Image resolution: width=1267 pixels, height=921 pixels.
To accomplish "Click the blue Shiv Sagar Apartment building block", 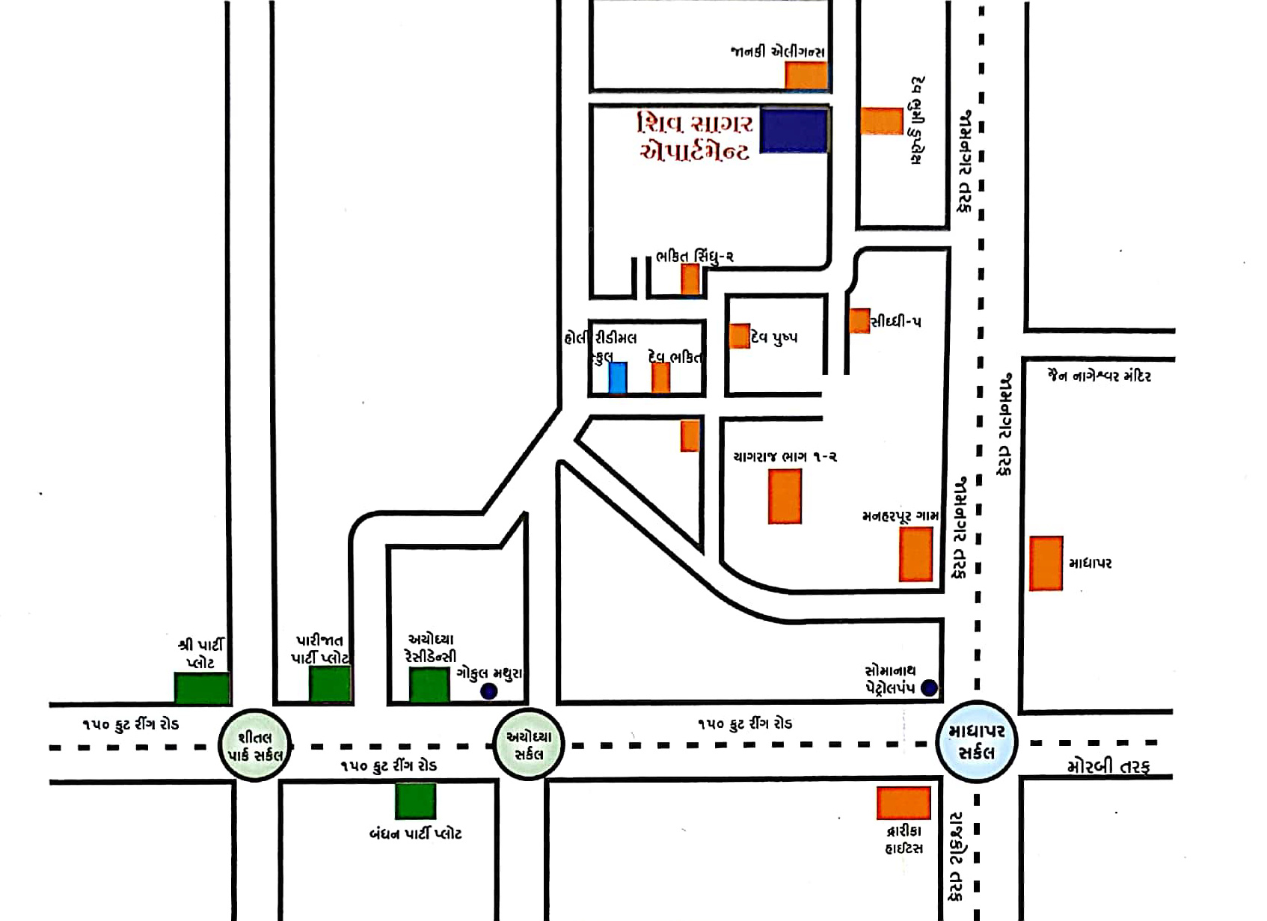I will (x=794, y=132).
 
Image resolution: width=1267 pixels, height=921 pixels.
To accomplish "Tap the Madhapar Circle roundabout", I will (x=977, y=741).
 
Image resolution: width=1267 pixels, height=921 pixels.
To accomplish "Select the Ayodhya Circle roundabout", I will (x=528, y=744).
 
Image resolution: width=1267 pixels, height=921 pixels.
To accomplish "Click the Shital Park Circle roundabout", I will (x=255, y=745).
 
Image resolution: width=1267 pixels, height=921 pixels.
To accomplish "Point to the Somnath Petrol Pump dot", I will (x=929, y=688).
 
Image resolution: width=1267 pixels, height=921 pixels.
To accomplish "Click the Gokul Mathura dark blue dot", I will (x=488, y=691).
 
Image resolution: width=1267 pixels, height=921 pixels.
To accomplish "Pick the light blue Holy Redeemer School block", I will (x=617, y=378).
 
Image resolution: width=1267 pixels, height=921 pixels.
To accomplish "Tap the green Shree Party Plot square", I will (x=202, y=688).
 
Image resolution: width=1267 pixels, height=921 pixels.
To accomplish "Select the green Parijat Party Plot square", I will (x=330, y=684).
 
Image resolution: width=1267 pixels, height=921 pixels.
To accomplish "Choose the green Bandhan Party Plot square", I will (x=415, y=801).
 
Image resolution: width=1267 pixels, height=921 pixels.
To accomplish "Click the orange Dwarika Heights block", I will (x=904, y=803).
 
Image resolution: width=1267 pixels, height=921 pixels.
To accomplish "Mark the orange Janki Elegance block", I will (x=806, y=76).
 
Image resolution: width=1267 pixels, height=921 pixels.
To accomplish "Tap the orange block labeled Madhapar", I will (x=1046, y=563).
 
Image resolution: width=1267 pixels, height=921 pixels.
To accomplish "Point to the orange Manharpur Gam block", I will (x=915, y=554).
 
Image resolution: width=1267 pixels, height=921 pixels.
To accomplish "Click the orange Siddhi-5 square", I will (x=859, y=321).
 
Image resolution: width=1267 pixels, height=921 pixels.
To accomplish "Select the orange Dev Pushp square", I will (x=740, y=336).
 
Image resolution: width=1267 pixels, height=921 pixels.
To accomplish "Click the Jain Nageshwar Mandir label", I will (x=1099, y=376).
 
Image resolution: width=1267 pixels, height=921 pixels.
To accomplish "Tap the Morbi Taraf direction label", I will (x=1108, y=766).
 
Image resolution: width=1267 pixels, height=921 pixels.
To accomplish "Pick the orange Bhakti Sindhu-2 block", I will (x=690, y=279).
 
